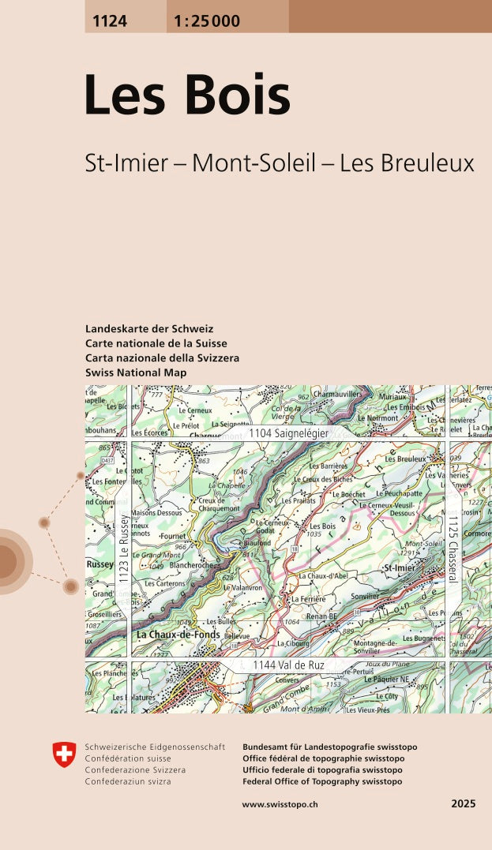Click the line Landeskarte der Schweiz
point(149,328)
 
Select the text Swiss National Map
point(136,373)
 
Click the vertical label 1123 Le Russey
point(124,550)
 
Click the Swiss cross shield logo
point(65,755)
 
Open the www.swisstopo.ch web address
point(280,803)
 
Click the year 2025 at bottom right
point(463,803)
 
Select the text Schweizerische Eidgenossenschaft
point(155,747)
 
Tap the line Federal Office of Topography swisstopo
point(322,781)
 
